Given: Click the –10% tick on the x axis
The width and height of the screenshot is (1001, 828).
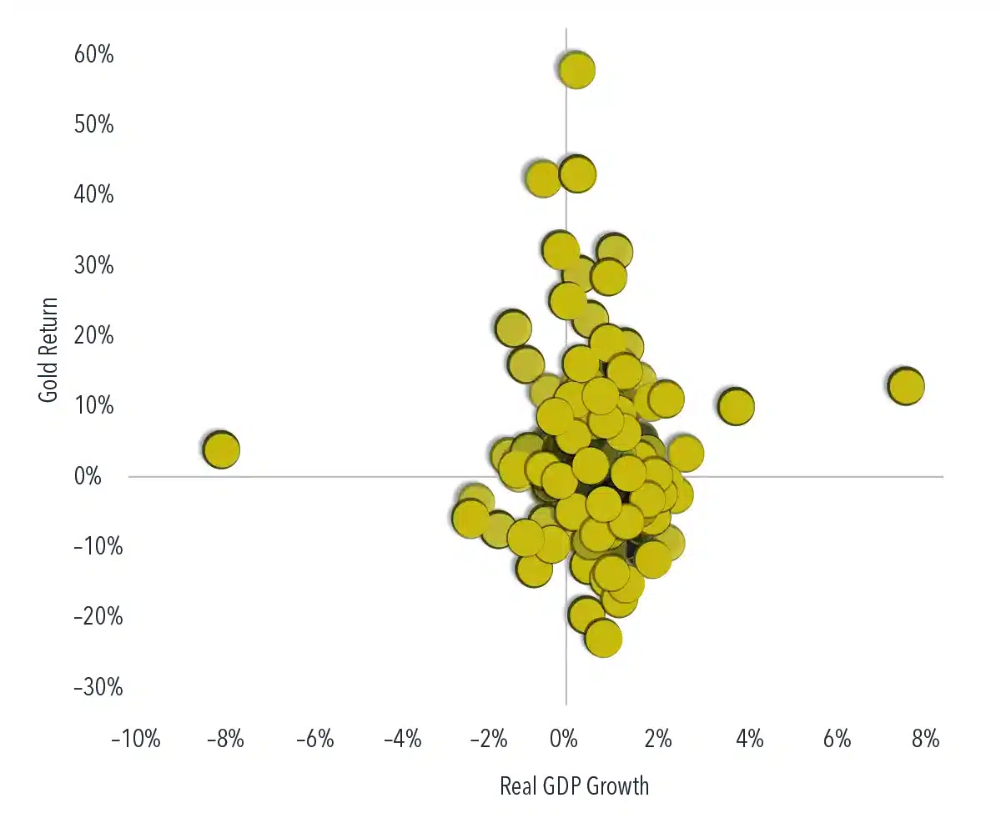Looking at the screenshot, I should pos(135,739).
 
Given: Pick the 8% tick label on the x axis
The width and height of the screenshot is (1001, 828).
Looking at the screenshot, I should pos(925,739).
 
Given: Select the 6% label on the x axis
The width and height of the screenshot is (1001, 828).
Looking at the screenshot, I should pos(837,739).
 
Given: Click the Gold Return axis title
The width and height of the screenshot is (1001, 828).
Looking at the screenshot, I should pos(49,350).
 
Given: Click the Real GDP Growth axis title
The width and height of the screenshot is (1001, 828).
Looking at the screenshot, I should pos(574,786).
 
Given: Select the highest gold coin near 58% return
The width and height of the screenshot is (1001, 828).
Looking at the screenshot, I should pos(577,70).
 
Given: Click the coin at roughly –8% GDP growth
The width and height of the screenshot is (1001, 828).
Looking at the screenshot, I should pos(221,450).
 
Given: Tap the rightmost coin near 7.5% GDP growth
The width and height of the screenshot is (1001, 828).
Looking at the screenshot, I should pos(906,386).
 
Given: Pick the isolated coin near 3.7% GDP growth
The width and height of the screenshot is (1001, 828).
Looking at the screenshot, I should pos(736,407).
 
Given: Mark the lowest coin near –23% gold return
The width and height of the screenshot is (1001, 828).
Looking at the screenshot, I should pos(603,639).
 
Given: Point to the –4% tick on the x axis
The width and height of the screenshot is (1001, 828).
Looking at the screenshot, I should pos(402,739).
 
